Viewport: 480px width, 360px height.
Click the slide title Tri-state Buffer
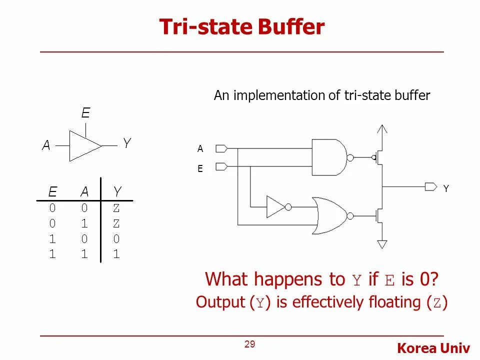[241, 27]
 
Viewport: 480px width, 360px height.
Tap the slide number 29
[250, 344]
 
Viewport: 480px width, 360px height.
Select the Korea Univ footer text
[433, 348]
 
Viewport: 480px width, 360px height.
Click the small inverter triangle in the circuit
[275, 206]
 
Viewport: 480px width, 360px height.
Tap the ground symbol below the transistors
[382, 244]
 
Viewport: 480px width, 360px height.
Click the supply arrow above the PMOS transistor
[382, 131]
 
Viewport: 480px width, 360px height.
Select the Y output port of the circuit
[430, 187]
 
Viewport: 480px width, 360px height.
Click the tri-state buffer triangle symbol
[84, 145]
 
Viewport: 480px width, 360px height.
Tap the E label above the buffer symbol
[85, 113]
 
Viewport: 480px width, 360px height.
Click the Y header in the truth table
[117, 191]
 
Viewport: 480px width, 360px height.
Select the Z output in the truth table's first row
[116, 207]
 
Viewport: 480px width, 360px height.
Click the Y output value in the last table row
[116, 254]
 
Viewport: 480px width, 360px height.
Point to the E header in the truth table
[52, 191]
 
